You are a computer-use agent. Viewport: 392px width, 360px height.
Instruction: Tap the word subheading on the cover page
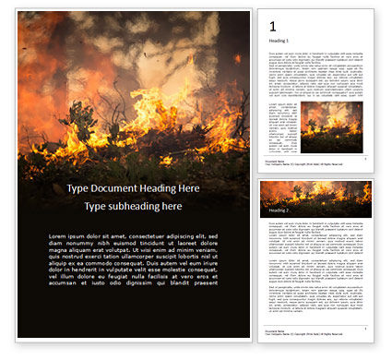pos(134,206)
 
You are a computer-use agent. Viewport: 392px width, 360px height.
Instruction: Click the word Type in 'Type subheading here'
pos(96,206)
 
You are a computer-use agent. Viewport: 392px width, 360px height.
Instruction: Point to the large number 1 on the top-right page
pos(272,27)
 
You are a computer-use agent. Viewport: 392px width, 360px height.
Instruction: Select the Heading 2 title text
pos(279,210)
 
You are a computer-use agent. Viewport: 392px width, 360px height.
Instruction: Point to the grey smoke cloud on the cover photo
pos(138,46)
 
